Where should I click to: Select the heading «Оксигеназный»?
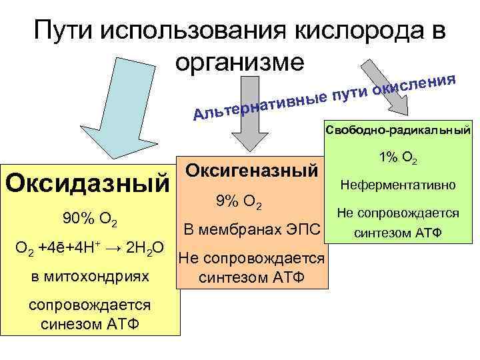click(x=250, y=169)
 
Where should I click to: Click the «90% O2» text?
click(x=90, y=218)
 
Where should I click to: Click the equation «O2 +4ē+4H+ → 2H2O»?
click(x=91, y=249)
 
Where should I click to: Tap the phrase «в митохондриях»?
click(x=90, y=276)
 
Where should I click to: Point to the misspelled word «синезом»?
click(x=67, y=325)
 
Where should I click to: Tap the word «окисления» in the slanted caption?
click(x=413, y=83)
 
